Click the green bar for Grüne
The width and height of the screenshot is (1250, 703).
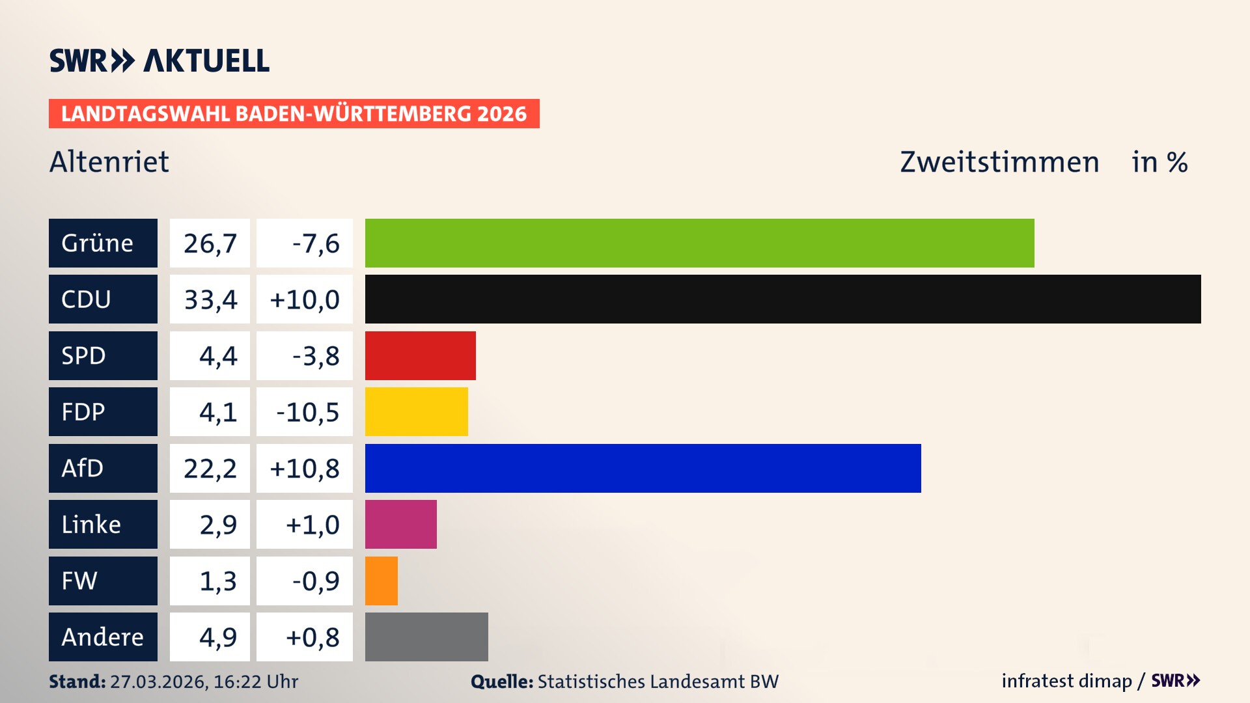(x=699, y=243)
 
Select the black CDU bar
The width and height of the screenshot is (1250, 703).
(x=783, y=299)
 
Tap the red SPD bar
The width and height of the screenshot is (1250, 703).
(x=420, y=355)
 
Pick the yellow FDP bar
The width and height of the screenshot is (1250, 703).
(x=416, y=411)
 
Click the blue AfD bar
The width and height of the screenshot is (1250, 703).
(x=643, y=468)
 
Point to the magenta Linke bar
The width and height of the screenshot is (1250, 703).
(x=400, y=524)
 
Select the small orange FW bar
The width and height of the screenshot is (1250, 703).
(x=381, y=581)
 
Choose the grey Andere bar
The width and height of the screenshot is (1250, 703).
(x=426, y=637)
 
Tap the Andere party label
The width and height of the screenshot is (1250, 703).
(x=103, y=637)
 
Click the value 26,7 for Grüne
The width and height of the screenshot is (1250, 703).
(x=210, y=243)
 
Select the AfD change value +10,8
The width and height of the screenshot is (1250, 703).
(x=305, y=469)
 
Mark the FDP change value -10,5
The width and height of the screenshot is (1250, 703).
(x=307, y=412)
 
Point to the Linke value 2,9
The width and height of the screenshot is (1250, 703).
(x=217, y=525)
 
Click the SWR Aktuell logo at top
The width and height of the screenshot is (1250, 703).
(x=159, y=61)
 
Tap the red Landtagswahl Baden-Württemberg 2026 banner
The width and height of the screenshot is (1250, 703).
(x=294, y=113)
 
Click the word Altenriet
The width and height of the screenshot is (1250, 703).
(x=109, y=161)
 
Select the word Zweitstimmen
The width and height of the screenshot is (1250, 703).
(x=999, y=162)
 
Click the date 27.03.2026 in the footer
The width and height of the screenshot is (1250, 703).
(x=158, y=682)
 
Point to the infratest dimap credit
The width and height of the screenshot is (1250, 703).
(x=1066, y=681)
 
